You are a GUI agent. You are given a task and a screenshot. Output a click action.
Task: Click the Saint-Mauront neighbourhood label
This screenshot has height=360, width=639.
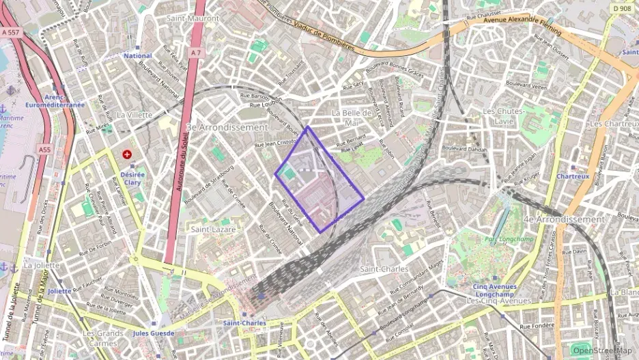[x=193, y=18]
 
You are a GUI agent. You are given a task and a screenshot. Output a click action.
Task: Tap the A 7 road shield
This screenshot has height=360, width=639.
[x=196, y=53]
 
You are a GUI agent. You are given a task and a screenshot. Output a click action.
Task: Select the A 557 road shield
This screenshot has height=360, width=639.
[x=11, y=31]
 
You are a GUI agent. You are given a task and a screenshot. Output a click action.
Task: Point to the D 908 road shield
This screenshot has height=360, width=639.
[x=622, y=8]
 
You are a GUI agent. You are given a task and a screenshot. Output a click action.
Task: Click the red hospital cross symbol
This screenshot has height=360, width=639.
[x=128, y=154]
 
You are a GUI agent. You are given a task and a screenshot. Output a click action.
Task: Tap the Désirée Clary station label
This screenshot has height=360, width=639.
[x=133, y=178]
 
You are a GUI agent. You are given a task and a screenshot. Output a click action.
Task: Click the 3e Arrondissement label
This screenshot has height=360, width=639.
[x=227, y=128]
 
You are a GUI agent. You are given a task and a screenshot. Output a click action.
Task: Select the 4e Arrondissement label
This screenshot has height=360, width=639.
[x=564, y=219]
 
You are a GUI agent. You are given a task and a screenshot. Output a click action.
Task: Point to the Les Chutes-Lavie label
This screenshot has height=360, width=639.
[x=503, y=115]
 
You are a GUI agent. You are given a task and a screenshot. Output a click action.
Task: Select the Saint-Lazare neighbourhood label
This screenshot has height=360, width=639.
[x=213, y=230]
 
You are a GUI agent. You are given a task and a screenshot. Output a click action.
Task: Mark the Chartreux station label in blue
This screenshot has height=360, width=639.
[x=572, y=176]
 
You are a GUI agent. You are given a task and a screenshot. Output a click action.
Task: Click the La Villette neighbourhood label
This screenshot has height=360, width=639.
[x=134, y=115]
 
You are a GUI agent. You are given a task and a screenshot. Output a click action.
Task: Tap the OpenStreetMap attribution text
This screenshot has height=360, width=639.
[x=602, y=350]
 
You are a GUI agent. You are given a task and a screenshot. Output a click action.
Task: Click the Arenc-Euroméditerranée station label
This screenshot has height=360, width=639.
[x=64, y=101]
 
